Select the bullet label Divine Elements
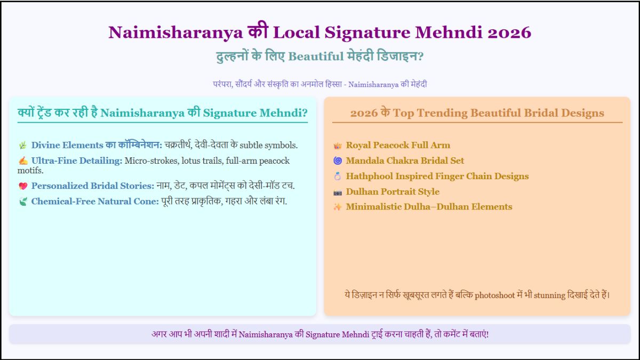pyautogui.click(x=67, y=145)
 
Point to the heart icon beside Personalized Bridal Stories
pyautogui.click(x=23, y=186)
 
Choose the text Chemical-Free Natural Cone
pyautogui.click(x=95, y=202)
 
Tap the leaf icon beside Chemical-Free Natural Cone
pyautogui.click(x=23, y=202)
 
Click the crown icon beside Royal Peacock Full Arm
pyautogui.click(x=337, y=146)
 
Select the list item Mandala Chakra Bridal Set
pyautogui.click(x=405, y=161)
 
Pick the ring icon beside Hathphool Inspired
pyautogui.click(x=337, y=176)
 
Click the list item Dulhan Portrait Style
pyautogui.click(x=393, y=191)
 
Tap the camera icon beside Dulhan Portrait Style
pyautogui.click(x=337, y=192)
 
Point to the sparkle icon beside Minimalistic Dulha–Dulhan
pyautogui.click(x=337, y=207)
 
